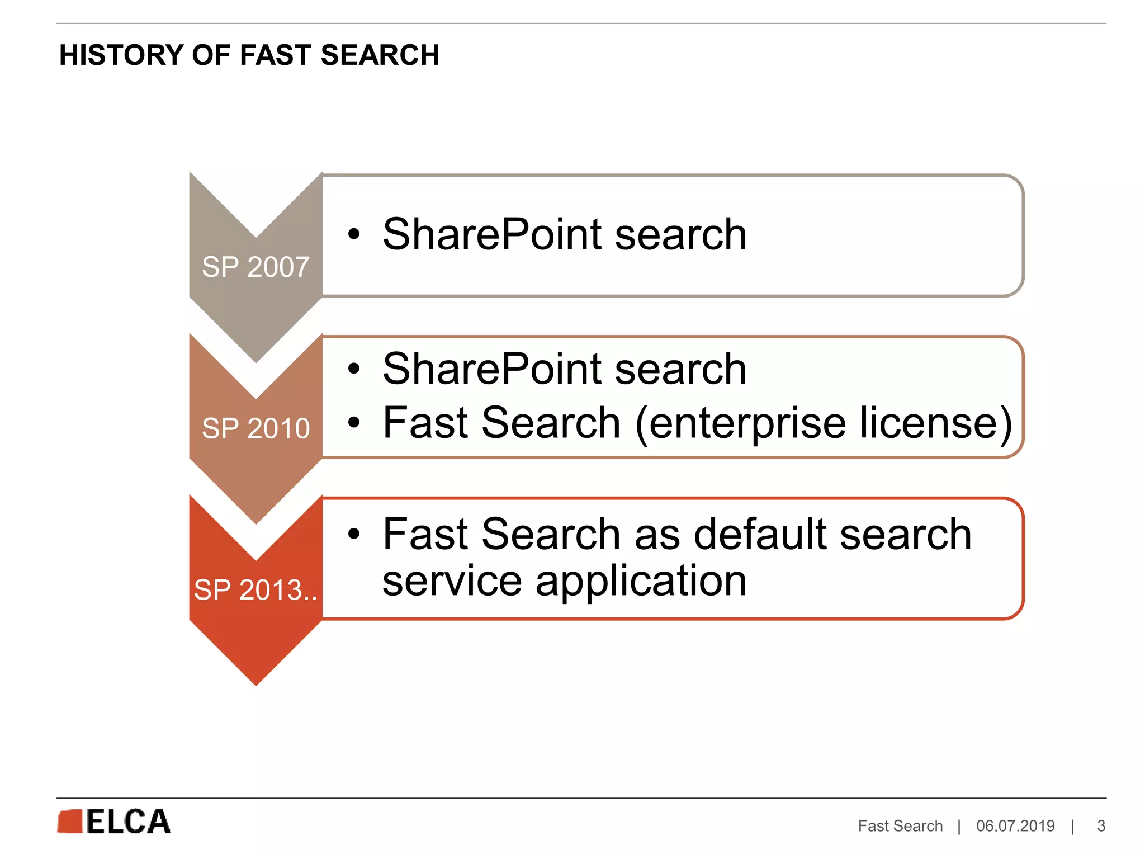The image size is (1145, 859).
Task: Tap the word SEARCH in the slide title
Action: coord(380,55)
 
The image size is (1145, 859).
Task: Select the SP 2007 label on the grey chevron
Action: coord(256,267)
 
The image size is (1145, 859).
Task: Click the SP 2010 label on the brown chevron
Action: coord(256,428)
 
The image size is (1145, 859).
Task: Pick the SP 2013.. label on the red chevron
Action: coord(256,590)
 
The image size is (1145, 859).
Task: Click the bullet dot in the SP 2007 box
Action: coord(353,234)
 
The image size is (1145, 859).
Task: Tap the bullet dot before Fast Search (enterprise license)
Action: coord(353,422)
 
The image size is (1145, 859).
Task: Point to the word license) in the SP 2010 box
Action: coord(936,423)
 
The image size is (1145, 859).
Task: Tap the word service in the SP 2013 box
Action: coord(452,582)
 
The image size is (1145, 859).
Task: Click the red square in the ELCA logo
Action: coord(70,822)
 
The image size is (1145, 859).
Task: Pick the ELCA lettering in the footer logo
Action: coord(128,822)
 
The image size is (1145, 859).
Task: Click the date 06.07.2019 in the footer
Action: coord(1015,826)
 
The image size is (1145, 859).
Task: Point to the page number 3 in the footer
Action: coord(1101,826)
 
